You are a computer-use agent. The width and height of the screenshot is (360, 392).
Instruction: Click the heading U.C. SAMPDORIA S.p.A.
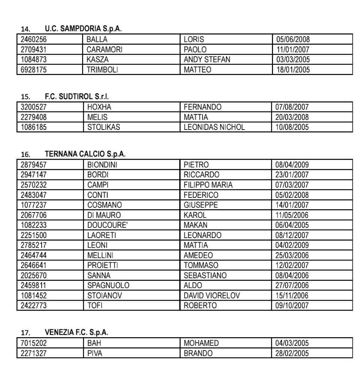(x=83, y=29)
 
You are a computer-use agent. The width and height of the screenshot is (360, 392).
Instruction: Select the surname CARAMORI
(x=104, y=50)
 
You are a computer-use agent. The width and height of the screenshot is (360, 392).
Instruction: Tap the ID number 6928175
(x=34, y=69)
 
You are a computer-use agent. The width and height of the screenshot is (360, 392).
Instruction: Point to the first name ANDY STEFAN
(x=207, y=59)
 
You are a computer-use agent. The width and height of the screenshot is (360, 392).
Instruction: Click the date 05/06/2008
(x=293, y=39)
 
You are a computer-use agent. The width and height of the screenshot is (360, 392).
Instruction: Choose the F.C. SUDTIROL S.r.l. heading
(x=77, y=96)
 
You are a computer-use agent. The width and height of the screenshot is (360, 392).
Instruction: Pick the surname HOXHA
(x=99, y=107)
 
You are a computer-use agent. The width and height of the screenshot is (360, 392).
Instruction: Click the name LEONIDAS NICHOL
(x=214, y=127)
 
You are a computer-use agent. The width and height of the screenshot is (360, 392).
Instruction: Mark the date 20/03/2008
(x=292, y=117)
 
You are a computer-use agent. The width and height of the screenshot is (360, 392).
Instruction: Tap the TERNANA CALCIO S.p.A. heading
(x=85, y=154)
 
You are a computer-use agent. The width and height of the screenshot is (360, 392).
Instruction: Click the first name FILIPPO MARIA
(x=208, y=185)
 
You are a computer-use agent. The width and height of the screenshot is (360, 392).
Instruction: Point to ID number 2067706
(x=34, y=215)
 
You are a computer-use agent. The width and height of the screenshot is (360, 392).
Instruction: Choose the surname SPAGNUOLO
(x=108, y=285)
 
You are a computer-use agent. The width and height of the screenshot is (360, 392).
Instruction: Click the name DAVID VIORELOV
(x=211, y=296)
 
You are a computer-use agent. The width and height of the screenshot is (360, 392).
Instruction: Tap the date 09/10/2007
(x=292, y=305)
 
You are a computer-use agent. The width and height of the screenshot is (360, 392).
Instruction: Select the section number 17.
(x=25, y=333)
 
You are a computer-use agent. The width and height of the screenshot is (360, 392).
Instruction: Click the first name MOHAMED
(x=201, y=343)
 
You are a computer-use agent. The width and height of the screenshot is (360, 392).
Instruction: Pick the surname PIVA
(x=95, y=353)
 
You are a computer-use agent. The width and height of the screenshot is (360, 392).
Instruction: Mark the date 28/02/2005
(x=292, y=353)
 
